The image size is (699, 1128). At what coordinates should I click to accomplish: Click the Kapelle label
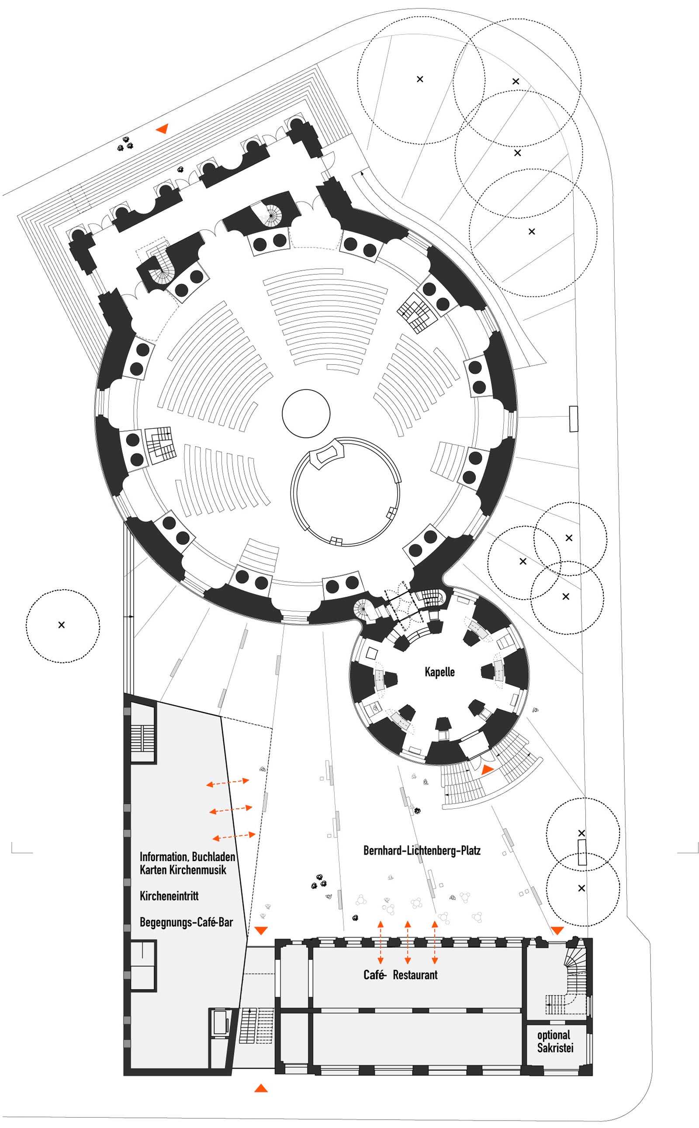coord(439,672)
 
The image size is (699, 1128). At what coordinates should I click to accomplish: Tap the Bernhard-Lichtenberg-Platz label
coord(422,850)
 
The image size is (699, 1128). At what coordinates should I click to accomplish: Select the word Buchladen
coord(213,857)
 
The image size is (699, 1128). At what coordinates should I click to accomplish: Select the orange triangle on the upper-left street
coord(162,129)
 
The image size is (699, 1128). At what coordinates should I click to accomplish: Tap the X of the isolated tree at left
coord(62,625)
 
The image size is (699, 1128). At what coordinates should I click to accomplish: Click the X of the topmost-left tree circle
coord(420,79)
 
